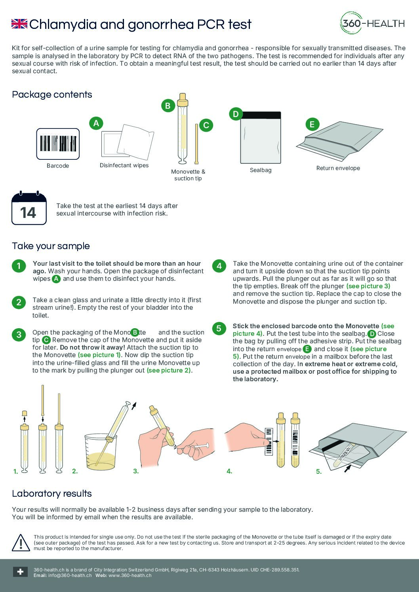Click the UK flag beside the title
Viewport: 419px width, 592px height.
point(19,24)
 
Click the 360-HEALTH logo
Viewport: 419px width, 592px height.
point(372,23)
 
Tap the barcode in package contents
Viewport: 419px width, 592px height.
point(58,144)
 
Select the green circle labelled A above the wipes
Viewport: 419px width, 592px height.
point(96,123)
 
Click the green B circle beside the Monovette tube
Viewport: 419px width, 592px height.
point(168,106)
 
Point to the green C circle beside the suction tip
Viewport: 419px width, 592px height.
point(206,125)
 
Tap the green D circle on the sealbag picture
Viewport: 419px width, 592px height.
point(236,114)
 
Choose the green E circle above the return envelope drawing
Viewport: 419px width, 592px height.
point(312,124)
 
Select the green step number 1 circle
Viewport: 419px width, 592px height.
point(19,266)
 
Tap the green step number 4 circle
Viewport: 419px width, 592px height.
point(219,266)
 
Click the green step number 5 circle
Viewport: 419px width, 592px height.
point(219,328)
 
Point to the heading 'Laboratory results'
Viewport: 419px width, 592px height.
point(52,494)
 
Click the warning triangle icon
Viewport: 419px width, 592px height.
point(21,543)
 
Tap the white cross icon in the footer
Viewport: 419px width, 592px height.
point(20,572)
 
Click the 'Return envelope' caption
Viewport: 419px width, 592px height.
point(338,168)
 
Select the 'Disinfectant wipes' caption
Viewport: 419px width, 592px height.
point(124,165)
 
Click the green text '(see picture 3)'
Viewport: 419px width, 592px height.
point(368,286)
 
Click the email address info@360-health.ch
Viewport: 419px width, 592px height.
point(70,575)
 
